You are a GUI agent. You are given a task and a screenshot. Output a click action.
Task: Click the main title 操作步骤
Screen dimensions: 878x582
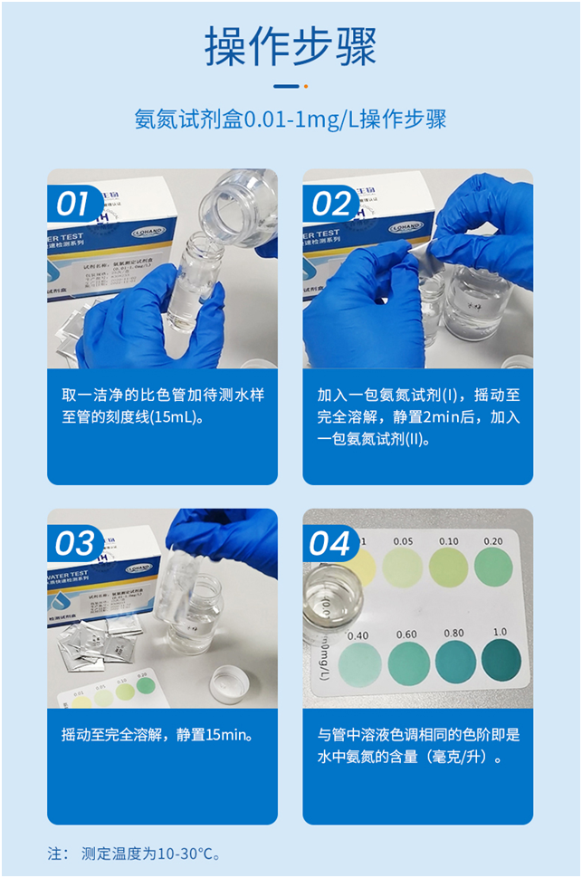click(x=291, y=46)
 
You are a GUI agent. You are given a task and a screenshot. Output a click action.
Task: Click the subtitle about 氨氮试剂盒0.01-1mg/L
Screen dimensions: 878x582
click(x=291, y=119)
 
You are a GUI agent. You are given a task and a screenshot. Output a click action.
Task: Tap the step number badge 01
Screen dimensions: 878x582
click(x=72, y=204)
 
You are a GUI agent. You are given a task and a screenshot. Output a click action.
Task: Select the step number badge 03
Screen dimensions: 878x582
click(x=73, y=544)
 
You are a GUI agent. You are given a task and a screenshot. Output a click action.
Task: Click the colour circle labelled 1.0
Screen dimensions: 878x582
click(x=501, y=661)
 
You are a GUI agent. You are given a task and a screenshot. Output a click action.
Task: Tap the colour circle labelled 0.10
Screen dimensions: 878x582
click(x=448, y=567)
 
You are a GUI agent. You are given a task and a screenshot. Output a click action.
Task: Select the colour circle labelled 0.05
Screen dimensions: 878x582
click(x=402, y=567)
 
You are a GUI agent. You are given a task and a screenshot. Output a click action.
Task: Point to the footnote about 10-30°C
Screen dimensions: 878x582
click(x=136, y=853)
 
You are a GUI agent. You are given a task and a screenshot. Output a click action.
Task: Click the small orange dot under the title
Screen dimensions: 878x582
click(x=305, y=87)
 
